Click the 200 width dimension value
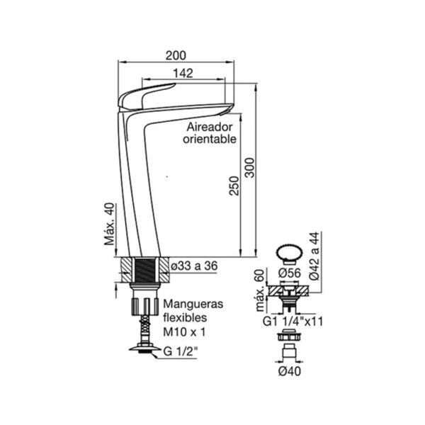point(176,55)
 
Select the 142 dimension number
point(183,73)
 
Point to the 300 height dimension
point(249,167)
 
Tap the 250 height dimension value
point(234,186)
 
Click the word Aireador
point(210,127)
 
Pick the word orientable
point(210,139)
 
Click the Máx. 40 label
point(110,224)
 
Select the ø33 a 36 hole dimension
point(194,266)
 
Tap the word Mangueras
point(193,304)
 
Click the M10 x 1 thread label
point(184,331)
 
